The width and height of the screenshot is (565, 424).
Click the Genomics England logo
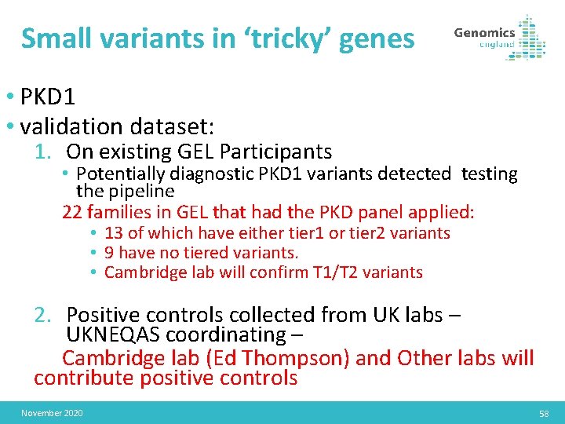click(x=499, y=38)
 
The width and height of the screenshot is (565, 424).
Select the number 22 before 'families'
click(x=72, y=212)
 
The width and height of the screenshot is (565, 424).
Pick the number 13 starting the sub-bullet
click(x=113, y=233)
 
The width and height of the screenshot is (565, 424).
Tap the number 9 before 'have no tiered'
click(x=109, y=253)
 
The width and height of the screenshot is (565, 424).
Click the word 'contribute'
click(x=85, y=378)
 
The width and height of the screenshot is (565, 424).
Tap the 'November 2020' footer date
click(x=52, y=413)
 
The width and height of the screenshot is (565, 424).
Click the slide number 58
click(x=544, y=413)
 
